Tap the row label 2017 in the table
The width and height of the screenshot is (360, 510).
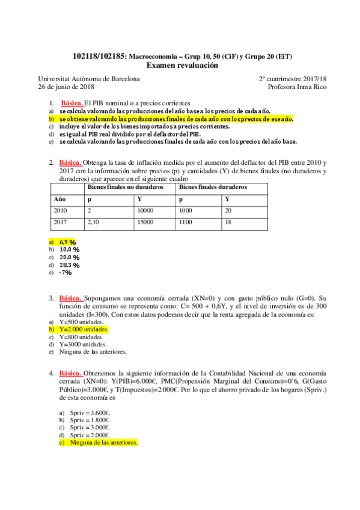pos(60,223)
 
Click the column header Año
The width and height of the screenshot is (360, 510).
pos(59,198)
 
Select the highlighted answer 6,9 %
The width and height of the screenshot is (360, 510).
pos(67,241)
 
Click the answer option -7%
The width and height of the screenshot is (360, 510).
pos(65,272)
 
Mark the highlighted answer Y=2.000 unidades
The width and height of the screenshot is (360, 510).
pos(84,330)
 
